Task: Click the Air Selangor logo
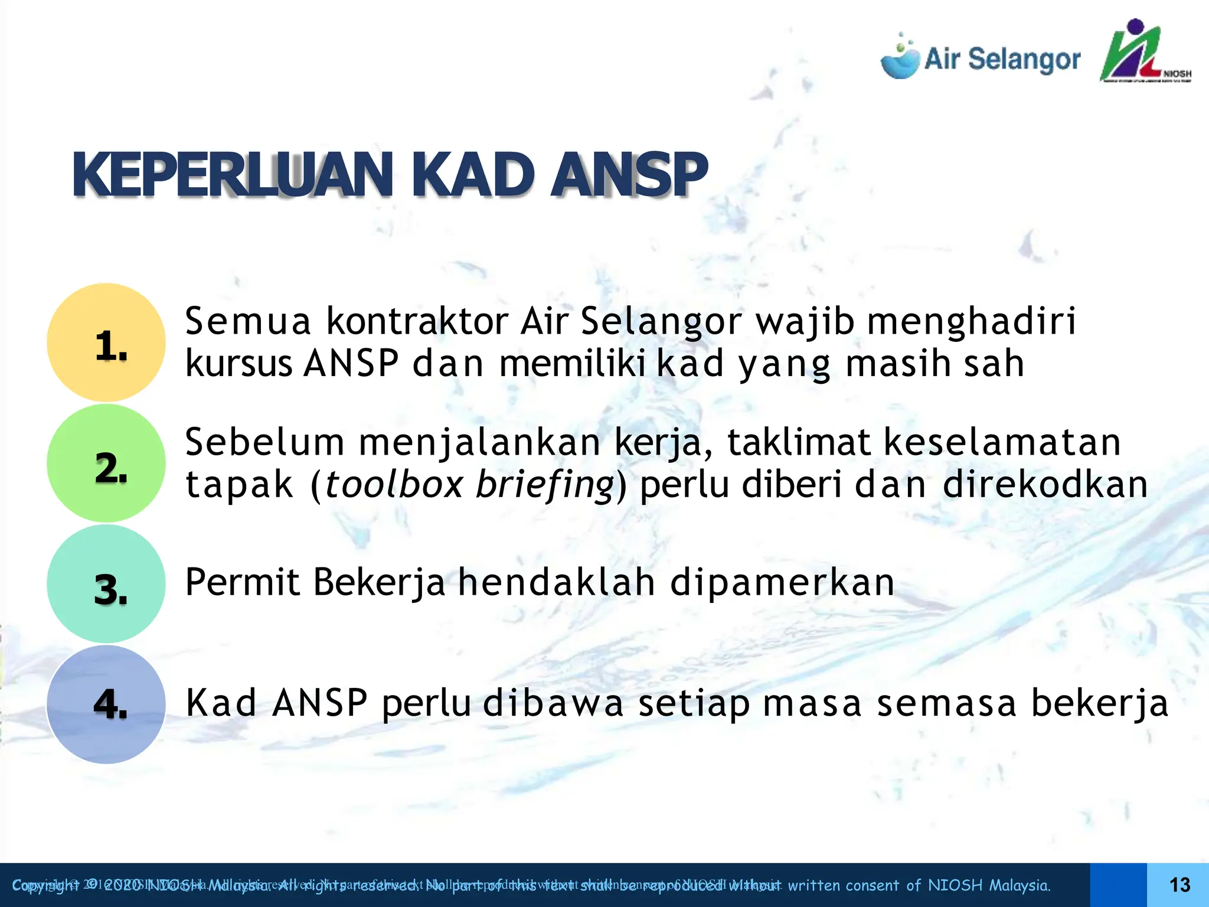click(x=980, y=59)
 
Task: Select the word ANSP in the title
click(x=628, y=175)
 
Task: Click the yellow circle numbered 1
click(x=106, y=342)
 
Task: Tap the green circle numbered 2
click(x=106, y=464)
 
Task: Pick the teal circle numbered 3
click(x=106, y=585)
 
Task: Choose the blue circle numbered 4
click(x=106, y=704)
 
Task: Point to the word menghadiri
click(x=972, y=322)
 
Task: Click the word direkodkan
click(x=1045, y=485)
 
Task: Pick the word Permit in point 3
click(x=243, y=582)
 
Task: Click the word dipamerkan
click(x=782, y=583)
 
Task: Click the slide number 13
click(x=1179, y=885)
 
